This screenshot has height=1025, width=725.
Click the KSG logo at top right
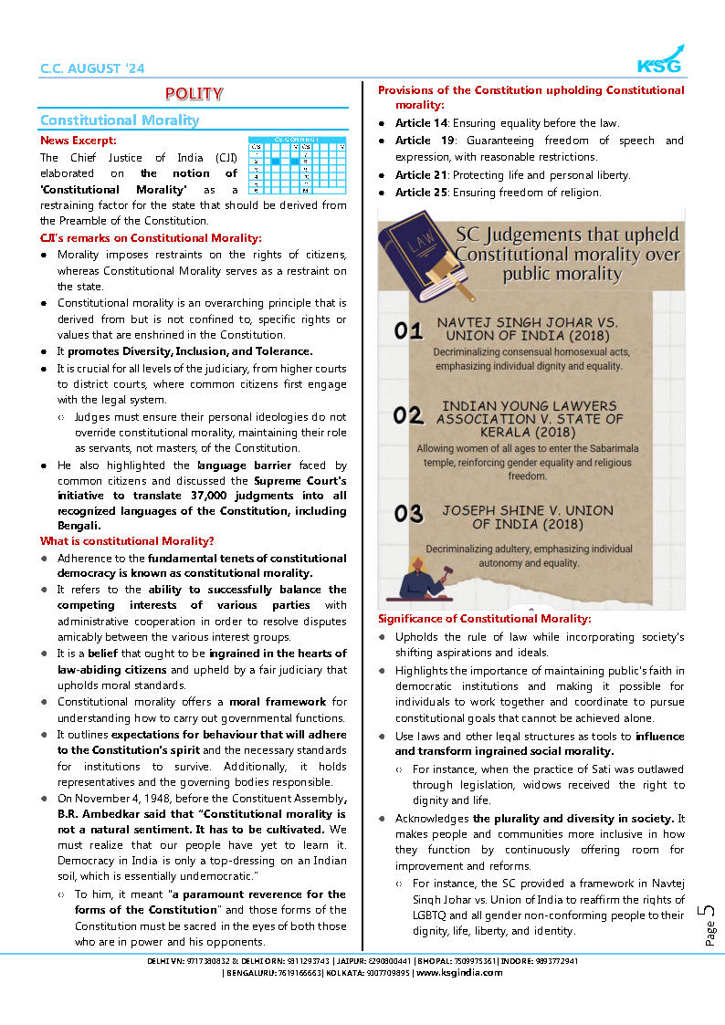pos(659,60)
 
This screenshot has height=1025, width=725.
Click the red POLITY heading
pos(194,93)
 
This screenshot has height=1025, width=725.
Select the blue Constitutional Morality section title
pos(120,120)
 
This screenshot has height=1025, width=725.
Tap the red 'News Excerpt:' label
pos(78,141)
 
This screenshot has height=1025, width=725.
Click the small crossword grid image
pos(297,164)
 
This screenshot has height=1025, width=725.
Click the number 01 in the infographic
pos(408,330)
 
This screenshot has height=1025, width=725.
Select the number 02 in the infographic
pos(408,416)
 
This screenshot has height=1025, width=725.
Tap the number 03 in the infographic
pos(408,513)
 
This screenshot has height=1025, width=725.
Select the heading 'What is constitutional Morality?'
pos(127,541)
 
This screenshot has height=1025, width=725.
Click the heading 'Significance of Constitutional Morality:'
pos(485,619)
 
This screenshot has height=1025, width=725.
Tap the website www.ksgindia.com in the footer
pos(459,973)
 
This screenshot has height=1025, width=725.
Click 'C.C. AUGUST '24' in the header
pos(92,68)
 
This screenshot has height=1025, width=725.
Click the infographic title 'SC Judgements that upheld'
pos(566,234)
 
